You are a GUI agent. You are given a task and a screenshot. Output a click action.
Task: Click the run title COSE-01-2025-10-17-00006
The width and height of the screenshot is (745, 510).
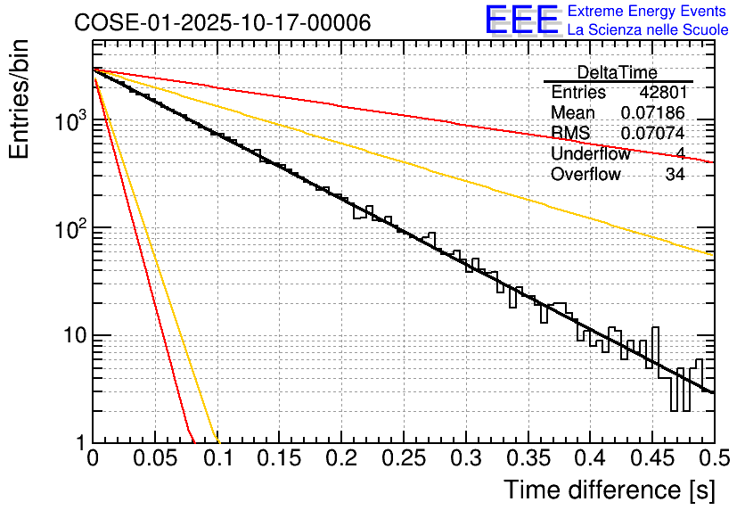click(x=223, y=23)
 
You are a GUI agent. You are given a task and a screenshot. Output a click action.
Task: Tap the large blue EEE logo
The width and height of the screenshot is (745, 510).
click(x=521, y=21)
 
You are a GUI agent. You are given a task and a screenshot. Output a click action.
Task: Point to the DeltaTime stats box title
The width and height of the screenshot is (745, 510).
click(x=618, y=72)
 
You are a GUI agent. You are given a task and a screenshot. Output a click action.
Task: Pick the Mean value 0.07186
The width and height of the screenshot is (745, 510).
click(x=652, y=112)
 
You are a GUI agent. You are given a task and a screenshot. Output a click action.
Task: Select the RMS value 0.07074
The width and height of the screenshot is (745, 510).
click(x=652, y=133)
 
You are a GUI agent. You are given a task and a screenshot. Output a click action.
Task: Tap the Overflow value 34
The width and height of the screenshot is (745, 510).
click(x=675, y=174)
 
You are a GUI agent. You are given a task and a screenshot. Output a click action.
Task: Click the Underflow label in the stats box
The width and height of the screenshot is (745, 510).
click(x=590, y=153)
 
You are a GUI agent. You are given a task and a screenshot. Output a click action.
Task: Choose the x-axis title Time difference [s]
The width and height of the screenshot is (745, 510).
click(x=610, y=489)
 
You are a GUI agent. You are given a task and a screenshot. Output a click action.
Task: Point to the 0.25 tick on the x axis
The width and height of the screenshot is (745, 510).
click(x=403, y=458)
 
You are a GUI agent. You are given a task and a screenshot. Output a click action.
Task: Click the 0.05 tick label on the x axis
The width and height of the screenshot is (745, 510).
click(x=155, y=458)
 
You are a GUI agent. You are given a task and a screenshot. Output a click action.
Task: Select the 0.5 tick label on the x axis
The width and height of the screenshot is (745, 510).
click(x=711, y=458)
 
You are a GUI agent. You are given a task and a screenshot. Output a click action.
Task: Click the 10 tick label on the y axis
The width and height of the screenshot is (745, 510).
click(x=70, y=337)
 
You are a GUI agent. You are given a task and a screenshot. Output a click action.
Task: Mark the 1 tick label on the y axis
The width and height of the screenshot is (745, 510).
click(x=79, y=443)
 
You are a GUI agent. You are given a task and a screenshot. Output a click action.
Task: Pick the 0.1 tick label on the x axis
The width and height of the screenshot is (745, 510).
click(x=217, y=458)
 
